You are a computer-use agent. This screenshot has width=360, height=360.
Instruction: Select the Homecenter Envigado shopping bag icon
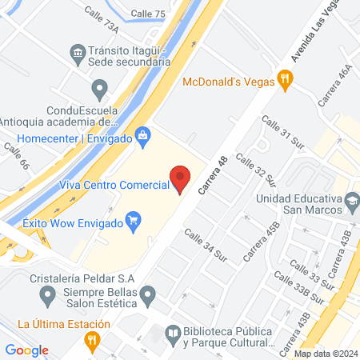(x=142, y=137)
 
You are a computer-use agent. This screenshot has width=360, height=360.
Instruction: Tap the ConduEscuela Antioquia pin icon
(x=99, y=87)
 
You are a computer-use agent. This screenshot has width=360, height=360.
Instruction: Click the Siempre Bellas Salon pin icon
(x=147, y=298)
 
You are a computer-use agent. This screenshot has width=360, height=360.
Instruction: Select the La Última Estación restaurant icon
(x=93, y=339)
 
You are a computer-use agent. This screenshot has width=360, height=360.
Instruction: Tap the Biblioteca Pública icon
(x=172, y=332)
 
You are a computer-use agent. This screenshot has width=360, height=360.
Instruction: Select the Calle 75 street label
(x=147, y=14)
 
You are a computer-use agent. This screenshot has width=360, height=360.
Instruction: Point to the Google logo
(x=27, y=350)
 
